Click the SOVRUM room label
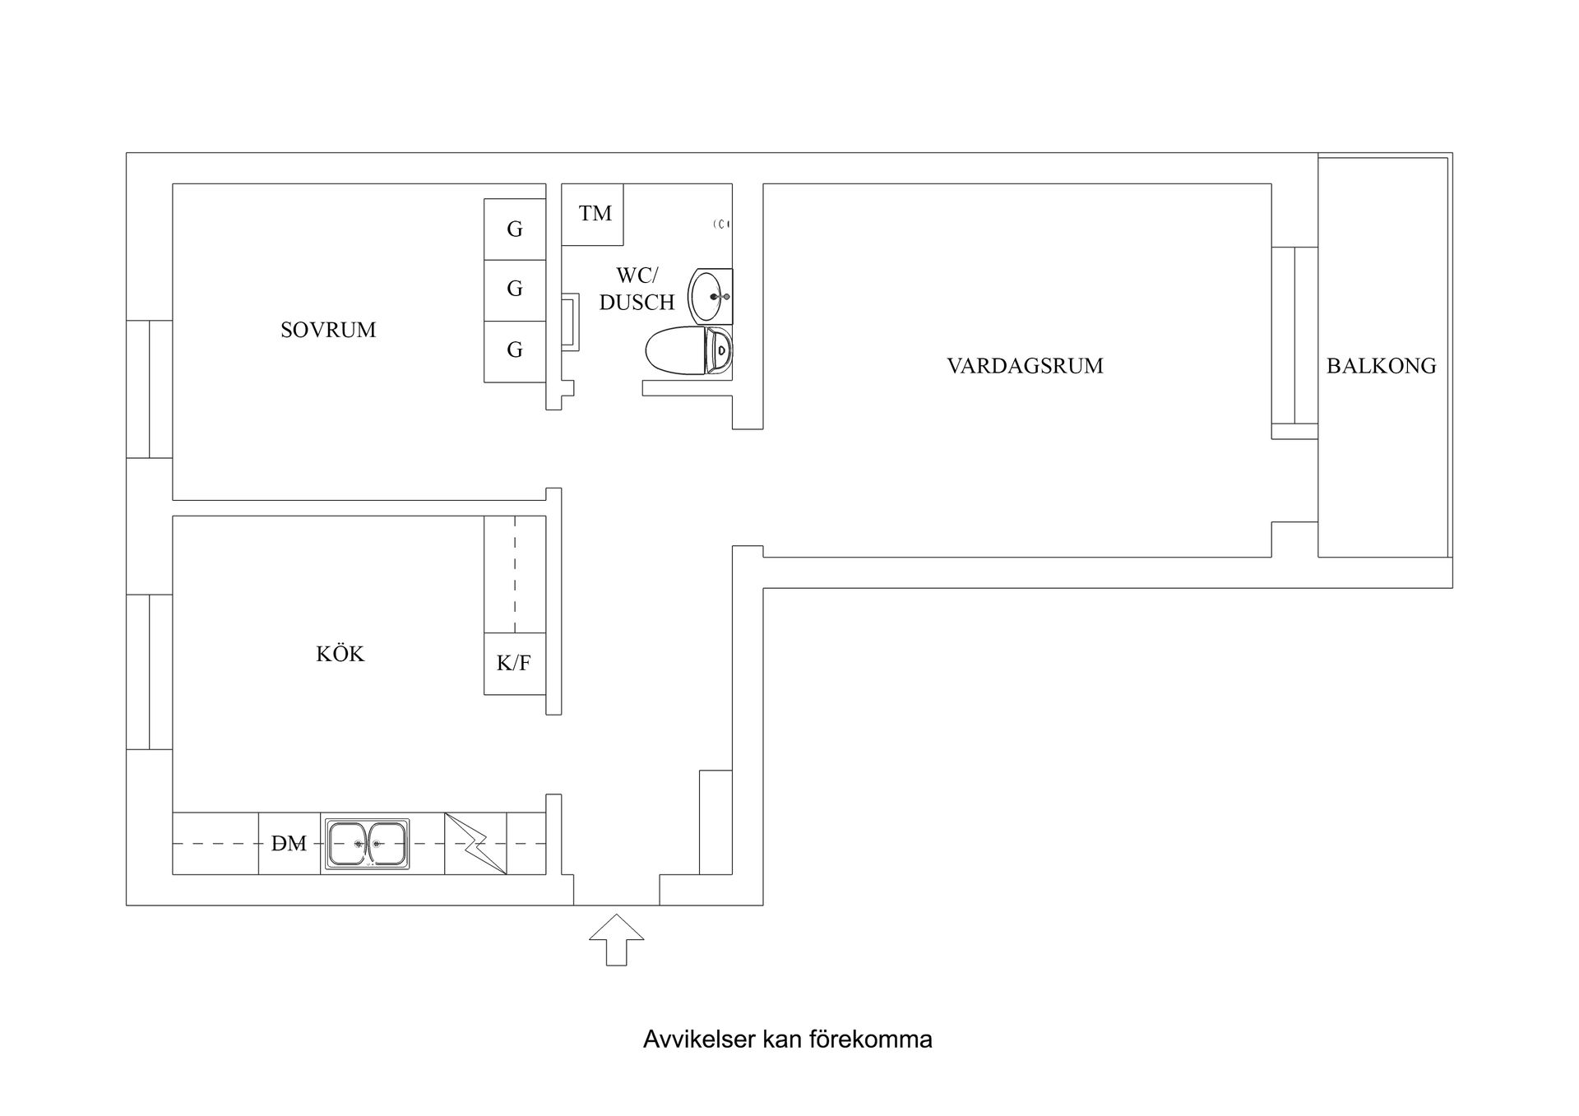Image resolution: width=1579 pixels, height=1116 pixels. click(x=328, y=330)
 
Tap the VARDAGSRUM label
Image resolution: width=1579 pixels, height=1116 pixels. click(x=1025, y=366)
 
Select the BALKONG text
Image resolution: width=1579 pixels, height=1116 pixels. click(x=1381, y=366)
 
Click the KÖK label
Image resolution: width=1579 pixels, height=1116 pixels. click(x=340, y=654)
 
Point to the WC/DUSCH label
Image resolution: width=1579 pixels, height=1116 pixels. click(x=637, y=289)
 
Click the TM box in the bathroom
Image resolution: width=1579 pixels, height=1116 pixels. click(x=593, y=214)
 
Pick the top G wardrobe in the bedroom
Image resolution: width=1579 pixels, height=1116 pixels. click(x=515, y=229)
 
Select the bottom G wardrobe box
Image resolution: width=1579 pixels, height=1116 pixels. click(x=515, y=351)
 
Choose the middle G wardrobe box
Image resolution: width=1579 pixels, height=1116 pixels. click(x=515, y=289)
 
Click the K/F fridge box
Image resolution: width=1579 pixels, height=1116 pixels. click(x=514, y=663)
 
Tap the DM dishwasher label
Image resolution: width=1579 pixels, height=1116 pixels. click(x=289, y=844)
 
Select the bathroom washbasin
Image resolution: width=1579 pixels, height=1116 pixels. click(x=709, y=295)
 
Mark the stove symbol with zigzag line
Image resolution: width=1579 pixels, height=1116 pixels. click(x=475, y=844)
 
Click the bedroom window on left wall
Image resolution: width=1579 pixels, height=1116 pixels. click(x=149, y=389)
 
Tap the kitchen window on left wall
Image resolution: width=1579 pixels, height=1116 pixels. click(x=149, y=672)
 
